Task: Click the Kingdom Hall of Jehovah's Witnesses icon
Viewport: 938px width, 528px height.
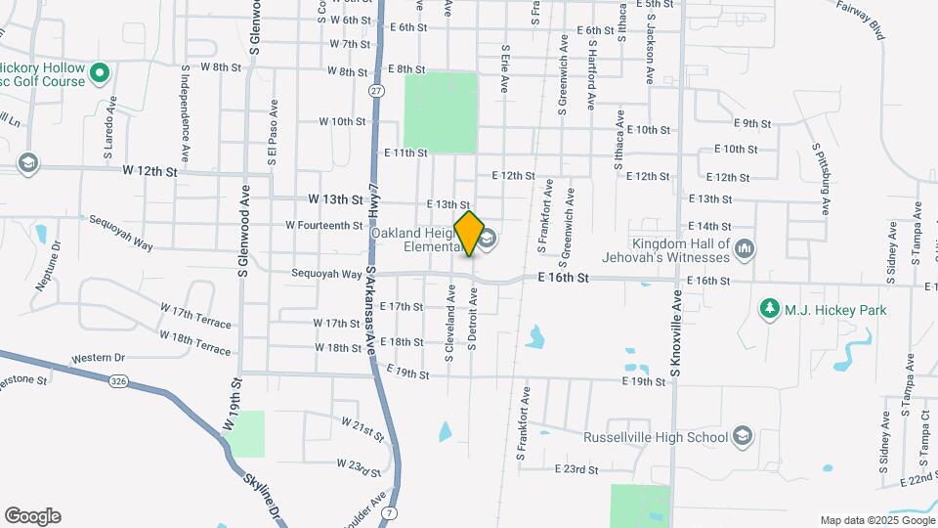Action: click(x=745, y=248)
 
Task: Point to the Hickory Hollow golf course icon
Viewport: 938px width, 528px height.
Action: click(x=99, y=72)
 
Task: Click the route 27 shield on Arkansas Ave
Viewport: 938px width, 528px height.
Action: click(x=376, y=90)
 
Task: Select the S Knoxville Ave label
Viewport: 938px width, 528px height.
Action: click(x=674, y=331)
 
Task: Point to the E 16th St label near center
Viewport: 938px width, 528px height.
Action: click(x=564, y=279)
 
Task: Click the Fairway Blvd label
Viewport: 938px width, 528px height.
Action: click(x=861, y=19)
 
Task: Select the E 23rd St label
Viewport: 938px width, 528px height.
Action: click(x=576, y=470)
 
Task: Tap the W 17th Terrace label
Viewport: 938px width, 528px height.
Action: click(x=195, y=317)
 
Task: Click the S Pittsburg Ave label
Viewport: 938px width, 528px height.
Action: click(x=821, y=179)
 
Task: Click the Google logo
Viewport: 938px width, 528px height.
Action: click(x=32, y=516)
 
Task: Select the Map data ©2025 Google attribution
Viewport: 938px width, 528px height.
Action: click(x=875, y=520)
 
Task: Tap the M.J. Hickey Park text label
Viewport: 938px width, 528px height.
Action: click(x=837, y=310)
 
